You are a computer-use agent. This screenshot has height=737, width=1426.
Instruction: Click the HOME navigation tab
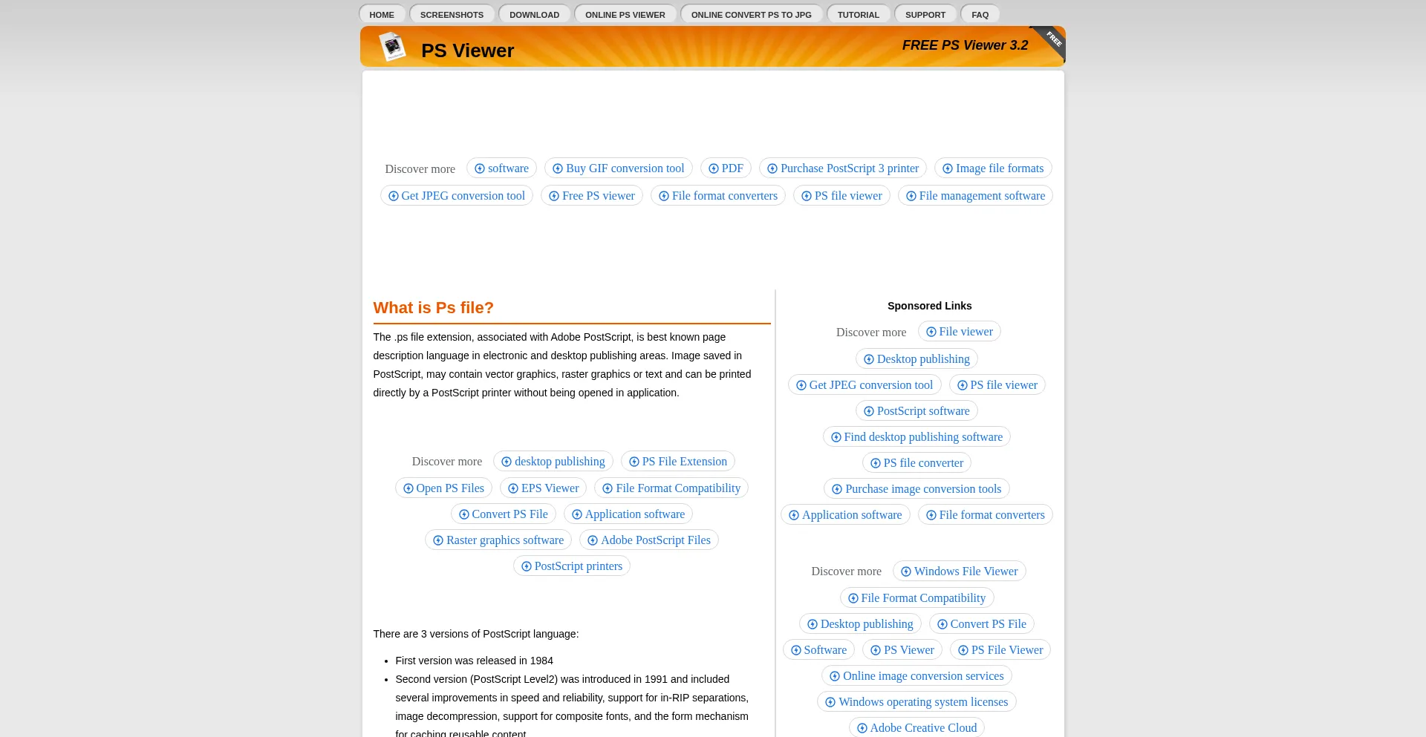[x=382, y=15]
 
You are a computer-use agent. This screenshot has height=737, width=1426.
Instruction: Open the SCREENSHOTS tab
[x=452, y=15]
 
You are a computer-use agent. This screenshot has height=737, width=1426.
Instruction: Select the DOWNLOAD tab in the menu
[x=534, y=15]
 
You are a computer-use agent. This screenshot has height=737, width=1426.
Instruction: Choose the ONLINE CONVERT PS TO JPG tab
[x=751, y=15]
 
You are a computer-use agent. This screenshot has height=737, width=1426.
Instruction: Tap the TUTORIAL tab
[x=858, y=15]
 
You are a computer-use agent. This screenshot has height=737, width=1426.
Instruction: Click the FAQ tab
[x=980, y=15]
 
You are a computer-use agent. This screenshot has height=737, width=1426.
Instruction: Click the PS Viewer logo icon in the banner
[x=392, y=48]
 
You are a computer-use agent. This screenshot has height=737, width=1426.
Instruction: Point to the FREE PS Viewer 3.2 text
[x=965, y=45]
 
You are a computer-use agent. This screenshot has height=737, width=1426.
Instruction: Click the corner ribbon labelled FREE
[x=1052, y=39]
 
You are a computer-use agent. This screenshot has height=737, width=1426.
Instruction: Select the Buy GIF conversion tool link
[x=618, y=168]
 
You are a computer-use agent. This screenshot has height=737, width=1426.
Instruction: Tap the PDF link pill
[x=726, y=168]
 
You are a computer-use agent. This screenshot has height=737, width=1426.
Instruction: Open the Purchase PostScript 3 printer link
[x=842, y=168]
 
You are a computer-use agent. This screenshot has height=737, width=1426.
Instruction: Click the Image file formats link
[x=992, y=168]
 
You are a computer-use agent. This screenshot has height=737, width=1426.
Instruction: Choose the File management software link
[x=975, y=196]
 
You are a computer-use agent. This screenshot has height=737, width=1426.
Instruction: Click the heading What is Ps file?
[x=433, y=308]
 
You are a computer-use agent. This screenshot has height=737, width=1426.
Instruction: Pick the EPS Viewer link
[x=543, y=488]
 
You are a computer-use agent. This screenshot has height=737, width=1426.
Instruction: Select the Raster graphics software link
[x=498, y=540]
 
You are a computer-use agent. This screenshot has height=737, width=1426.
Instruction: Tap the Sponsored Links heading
[x=929, y=306]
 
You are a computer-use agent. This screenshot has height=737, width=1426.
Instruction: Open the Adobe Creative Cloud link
[x=917, y=728]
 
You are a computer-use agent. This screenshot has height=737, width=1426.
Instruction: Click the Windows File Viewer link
[x=959, y=571]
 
